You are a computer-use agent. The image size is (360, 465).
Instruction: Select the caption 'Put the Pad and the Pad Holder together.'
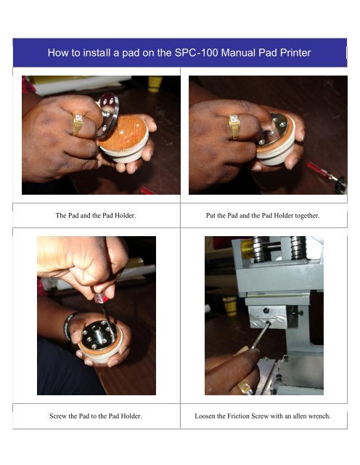(x=263, y=216)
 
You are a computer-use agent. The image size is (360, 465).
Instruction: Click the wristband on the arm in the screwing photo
(x=69, y=325)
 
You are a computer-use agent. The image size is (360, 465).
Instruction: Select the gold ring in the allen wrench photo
(x=245, y=387)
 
